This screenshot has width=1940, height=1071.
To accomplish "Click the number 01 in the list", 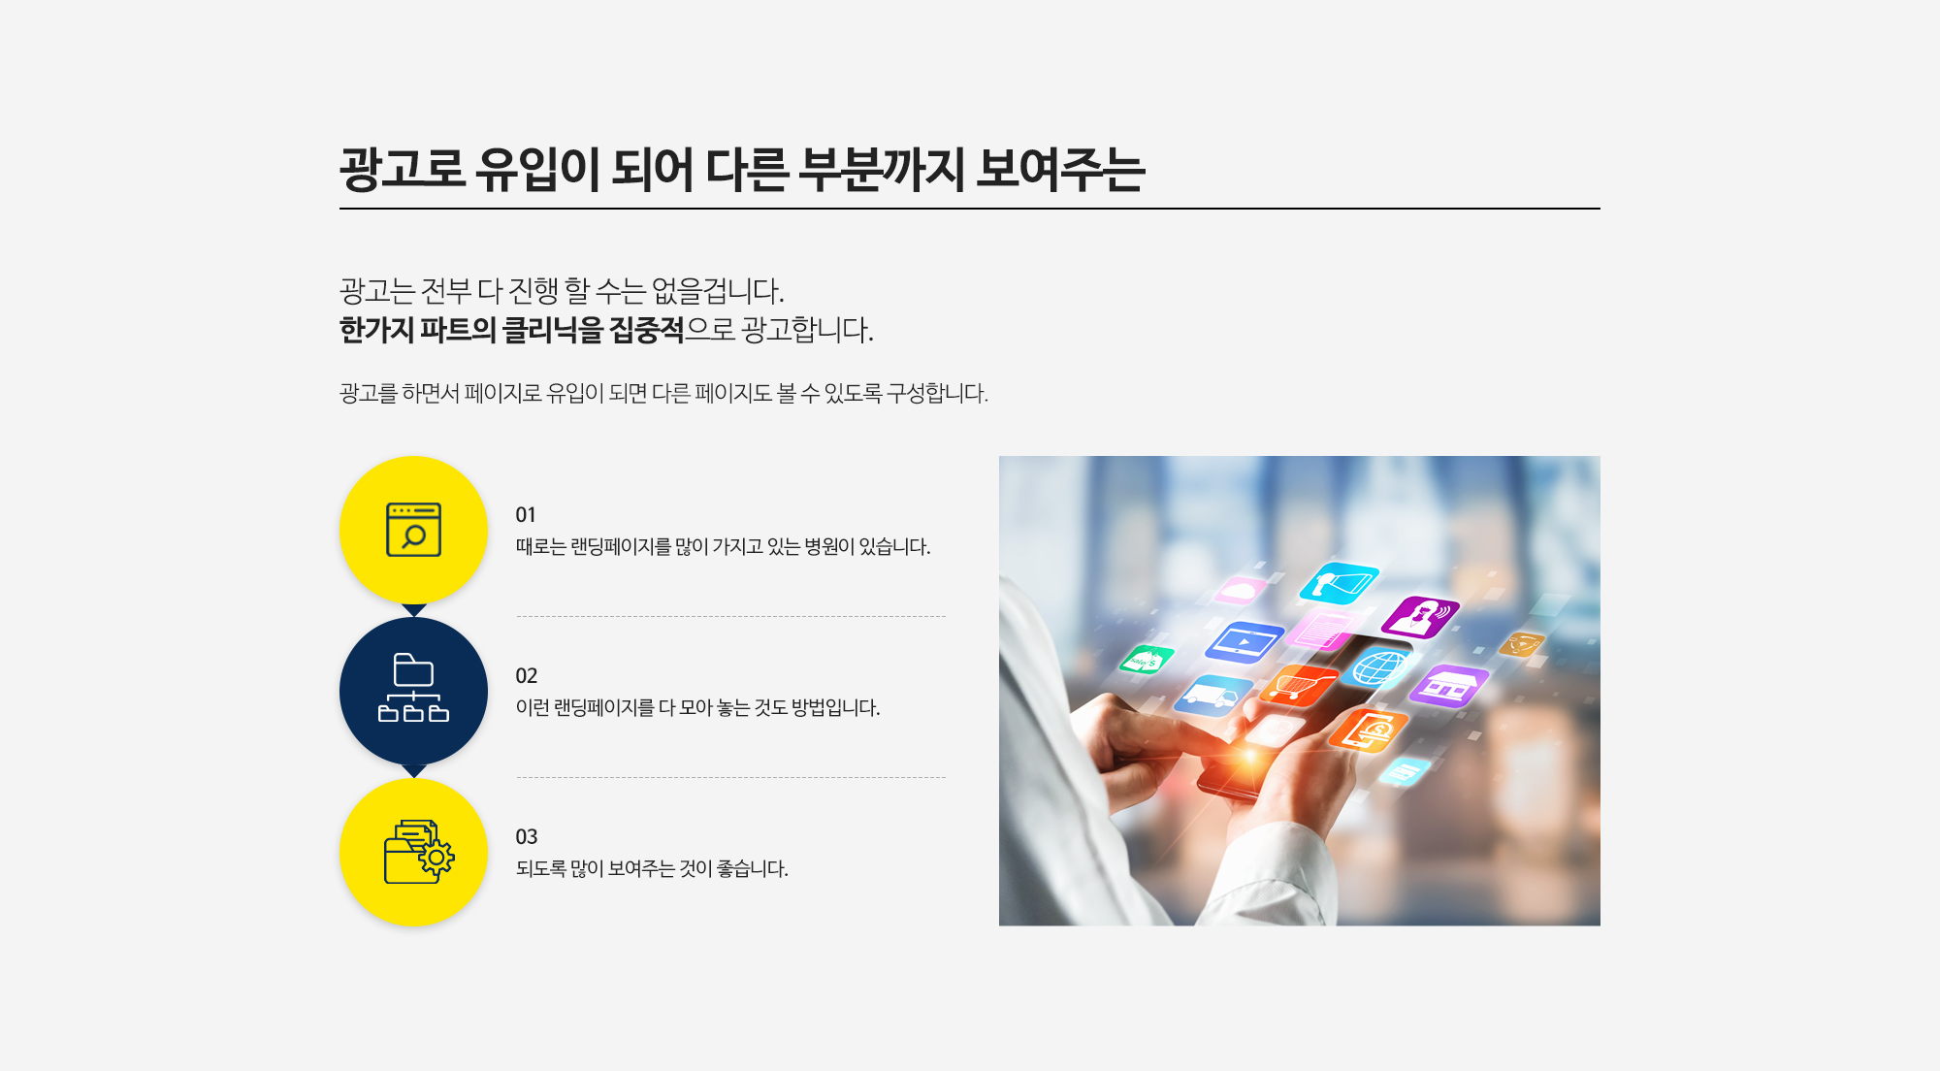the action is (x=526, y=515).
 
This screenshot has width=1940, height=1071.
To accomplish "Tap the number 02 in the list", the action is (x=526, y=676).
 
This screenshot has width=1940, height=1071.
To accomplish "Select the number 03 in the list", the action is (x=526, y=837).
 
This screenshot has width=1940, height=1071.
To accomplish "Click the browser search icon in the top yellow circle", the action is (x=413, y=530).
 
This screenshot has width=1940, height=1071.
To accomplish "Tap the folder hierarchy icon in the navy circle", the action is (x=413, y=688).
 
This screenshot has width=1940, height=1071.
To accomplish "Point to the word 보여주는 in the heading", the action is (x=1060, y=169).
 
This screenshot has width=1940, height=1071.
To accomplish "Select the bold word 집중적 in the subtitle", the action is (x=646, y=330).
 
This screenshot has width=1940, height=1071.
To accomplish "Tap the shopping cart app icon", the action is (x=1298, y=685).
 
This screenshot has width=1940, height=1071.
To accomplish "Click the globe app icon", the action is (x=1378, y=668).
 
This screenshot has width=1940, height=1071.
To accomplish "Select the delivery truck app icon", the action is (x=1212, y=695).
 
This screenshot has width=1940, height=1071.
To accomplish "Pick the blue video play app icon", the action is (x=1245, y=641).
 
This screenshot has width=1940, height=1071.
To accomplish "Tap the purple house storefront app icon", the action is (x=1448, y=685).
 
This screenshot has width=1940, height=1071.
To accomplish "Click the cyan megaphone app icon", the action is (x=1339, y=583).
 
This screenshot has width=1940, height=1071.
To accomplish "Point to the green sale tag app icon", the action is (x=1147, y=660).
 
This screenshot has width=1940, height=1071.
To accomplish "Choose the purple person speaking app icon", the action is (x=1420, y=617).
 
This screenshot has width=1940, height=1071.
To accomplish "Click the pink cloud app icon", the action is (x=1241, y=590).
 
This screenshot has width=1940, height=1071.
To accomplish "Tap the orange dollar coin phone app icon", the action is (x=1368, y=730).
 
